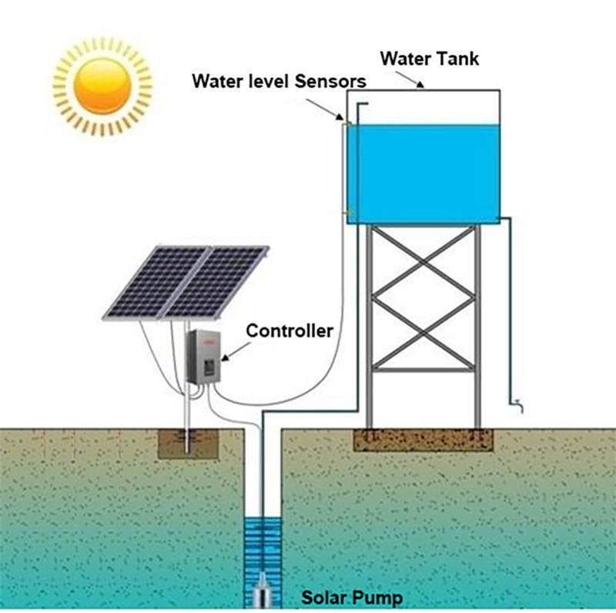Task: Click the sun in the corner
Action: (x=102, y=86)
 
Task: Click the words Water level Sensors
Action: (x=278, y=81)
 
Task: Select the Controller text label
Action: (x=290, y=331)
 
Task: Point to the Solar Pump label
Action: (x=351, y=598)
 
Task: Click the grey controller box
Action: (x=203, y=355)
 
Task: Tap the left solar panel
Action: (x=157, y=281)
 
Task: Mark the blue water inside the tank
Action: (x=423, y=173)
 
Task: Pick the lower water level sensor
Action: (x=346, y=213)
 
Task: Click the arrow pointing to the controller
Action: (x=232, y=350)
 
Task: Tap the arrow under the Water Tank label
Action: (x=420, y=82)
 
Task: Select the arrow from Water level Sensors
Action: (x=339, y=113)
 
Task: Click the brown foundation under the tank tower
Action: (x=423, y=439)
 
